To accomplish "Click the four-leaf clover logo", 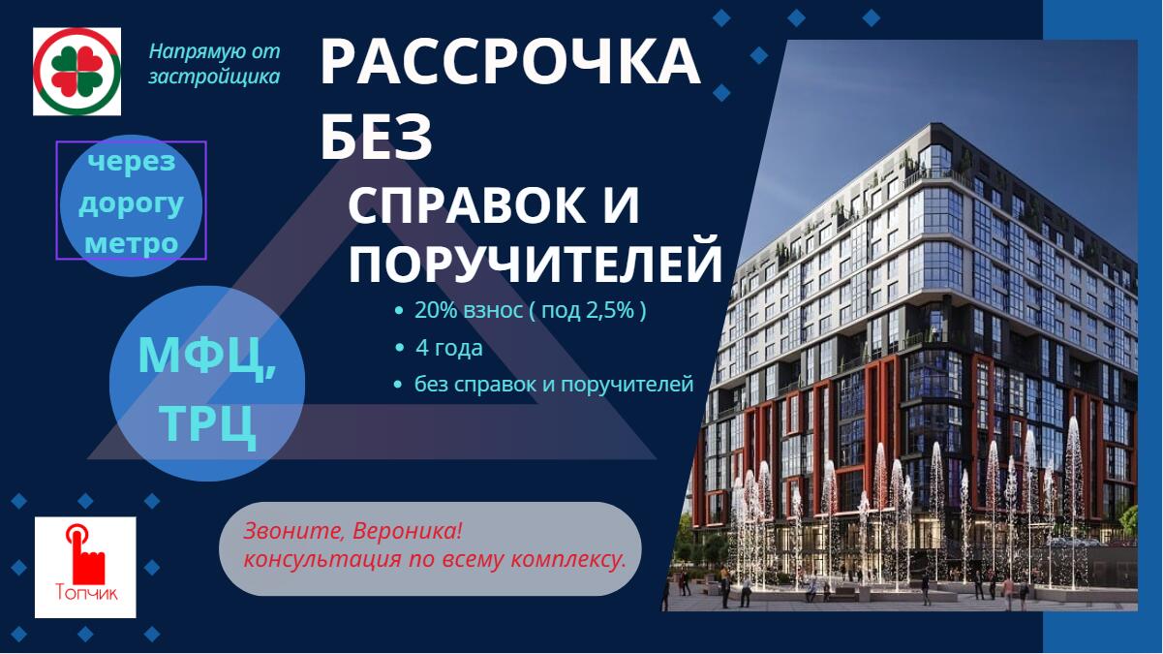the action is click(77, 71).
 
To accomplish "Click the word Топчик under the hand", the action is click(86, 593).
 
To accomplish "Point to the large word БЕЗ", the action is click(377, 138).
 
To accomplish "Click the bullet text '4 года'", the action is click(449, 348).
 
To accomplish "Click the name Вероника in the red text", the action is click(408, 531).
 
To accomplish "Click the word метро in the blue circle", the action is click(132, 243).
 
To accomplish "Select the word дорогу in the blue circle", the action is click(132, 204).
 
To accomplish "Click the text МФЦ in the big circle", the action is click(206, 357).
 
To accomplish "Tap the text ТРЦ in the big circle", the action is click(207, 424).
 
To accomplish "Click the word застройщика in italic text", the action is click(214, 77).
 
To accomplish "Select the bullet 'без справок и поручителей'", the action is click(554, 385).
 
